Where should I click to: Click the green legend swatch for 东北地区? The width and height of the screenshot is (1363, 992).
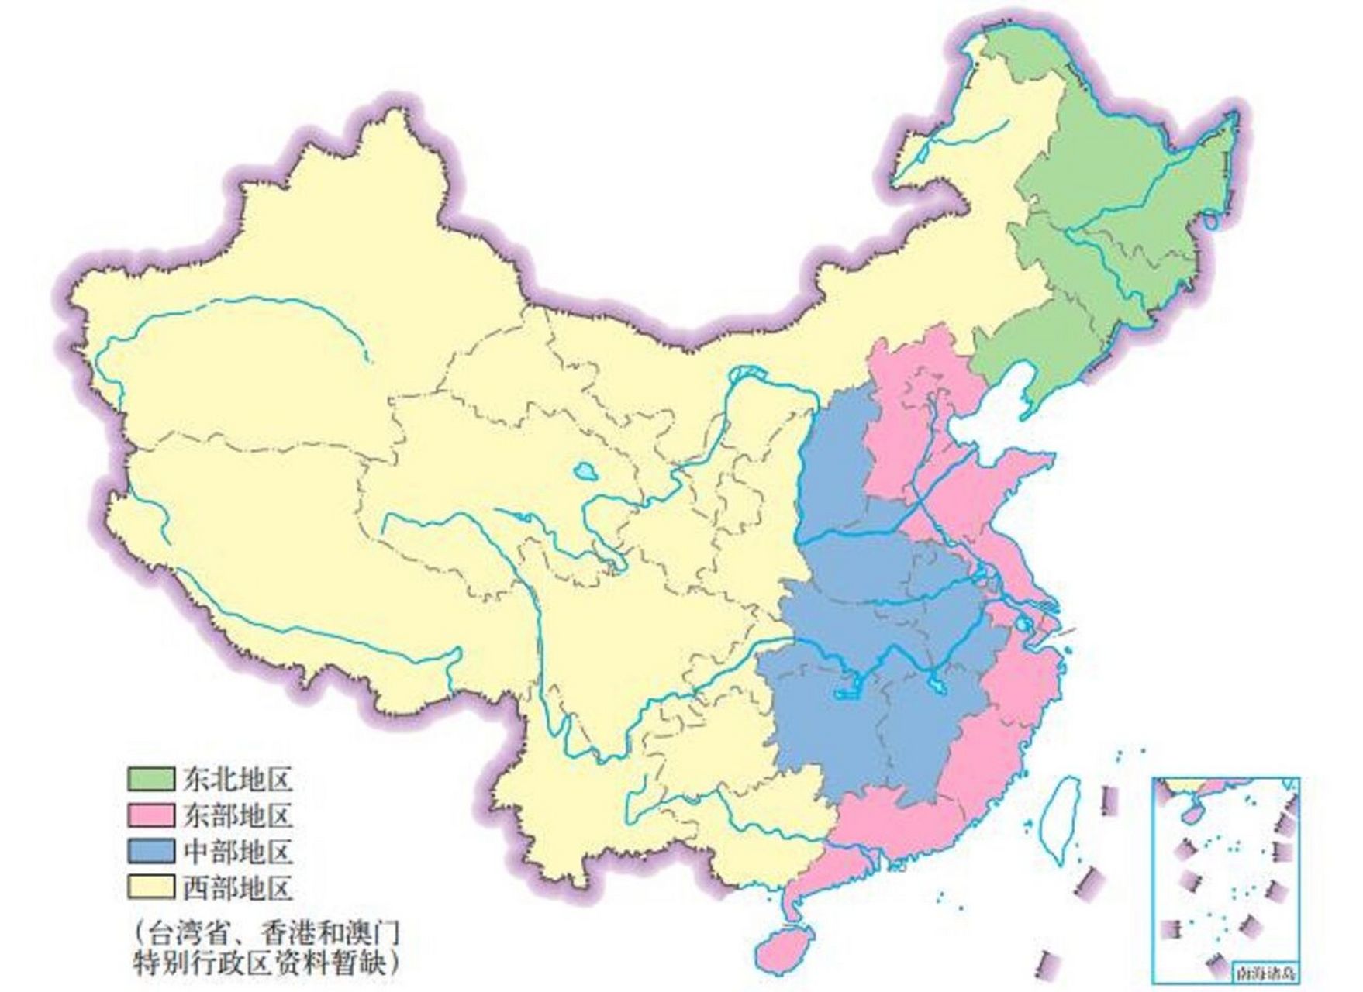[150, 780]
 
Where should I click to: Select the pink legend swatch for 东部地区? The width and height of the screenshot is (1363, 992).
[150, 816]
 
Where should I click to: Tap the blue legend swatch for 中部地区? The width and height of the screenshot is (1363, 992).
[150, 852]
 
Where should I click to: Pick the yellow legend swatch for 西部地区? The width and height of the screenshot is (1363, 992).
[150, 887]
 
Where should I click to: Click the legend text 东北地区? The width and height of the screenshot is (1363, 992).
[239, 780]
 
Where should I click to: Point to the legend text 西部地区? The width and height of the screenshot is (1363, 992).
[239, 887]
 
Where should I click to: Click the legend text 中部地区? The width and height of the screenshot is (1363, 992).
[239, 852]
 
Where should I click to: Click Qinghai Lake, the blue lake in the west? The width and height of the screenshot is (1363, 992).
[582, 470]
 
